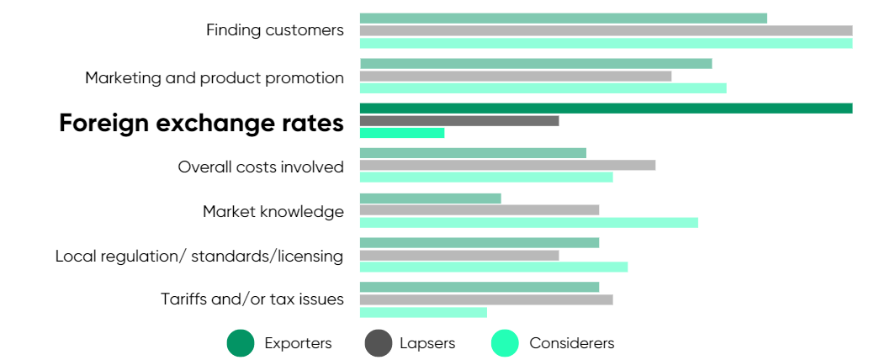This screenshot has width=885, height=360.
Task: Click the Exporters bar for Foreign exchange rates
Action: [606, 108]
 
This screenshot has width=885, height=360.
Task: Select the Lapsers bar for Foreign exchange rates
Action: [459, 120]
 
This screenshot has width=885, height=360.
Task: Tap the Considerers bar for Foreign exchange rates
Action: [402, 133]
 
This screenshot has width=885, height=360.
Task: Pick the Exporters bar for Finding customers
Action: [564, 18]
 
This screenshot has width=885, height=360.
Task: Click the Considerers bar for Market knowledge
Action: [528, 222]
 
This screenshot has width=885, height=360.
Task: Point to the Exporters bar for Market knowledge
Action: [431, 199]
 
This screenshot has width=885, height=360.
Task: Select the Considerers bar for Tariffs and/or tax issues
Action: [423, 312]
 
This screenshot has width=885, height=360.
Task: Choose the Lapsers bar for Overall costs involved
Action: [507, 165]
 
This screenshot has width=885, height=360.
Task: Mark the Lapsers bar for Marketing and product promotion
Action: [516, 76]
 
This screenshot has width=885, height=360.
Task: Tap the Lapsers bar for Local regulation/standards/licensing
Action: [459, 255]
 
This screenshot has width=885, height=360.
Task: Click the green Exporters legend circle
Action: [241, 343]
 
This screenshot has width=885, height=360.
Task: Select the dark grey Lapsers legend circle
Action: [379, 343]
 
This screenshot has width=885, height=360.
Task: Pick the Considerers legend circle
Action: [505, 343]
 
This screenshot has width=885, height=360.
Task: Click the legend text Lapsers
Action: [427, 343]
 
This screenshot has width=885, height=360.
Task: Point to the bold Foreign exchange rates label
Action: [201, 123]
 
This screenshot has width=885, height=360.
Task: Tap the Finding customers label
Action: [275, 30]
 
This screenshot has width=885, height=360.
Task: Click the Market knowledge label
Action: [273, 211]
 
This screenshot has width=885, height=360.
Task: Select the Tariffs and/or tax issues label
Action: [252, 299]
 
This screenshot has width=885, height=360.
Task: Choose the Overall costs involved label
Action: [261, 167]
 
